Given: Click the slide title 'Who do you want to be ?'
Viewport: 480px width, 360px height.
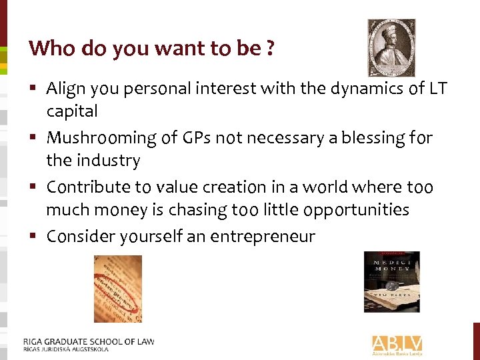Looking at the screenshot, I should point(151,48).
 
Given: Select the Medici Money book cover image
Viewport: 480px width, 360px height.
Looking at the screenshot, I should point(391,281).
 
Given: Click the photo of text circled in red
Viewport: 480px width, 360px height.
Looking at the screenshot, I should point(117,289).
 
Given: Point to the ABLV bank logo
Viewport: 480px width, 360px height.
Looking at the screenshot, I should point(397,344).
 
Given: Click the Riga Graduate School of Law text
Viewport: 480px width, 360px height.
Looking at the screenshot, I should point(89,342).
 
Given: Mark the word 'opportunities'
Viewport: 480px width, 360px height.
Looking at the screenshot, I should point(356,211).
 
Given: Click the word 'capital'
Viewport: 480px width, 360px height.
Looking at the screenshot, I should point(71,111).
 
